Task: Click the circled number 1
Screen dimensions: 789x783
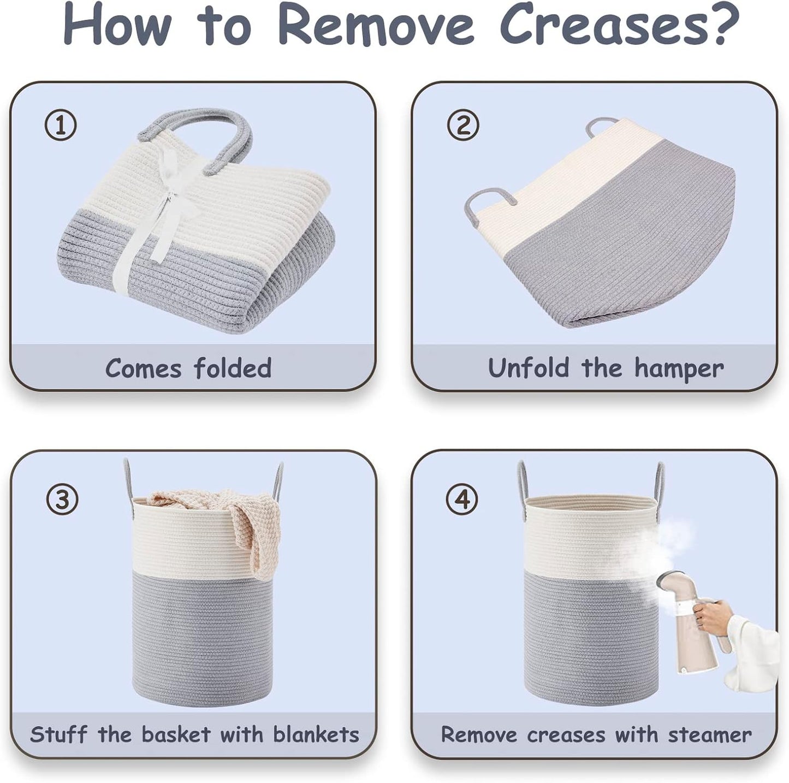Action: coord(61,126)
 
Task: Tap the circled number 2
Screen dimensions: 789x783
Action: coord(462,125)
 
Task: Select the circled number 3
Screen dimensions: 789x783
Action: coord(62,500)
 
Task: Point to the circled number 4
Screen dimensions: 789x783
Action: coord(462,500)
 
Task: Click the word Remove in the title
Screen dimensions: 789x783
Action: coord(375,25)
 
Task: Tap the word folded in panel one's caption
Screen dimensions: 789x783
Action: coord(233,367)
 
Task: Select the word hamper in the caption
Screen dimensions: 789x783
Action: coord(679,369)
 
